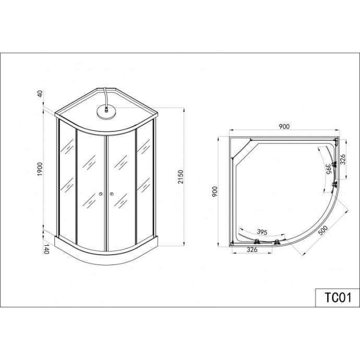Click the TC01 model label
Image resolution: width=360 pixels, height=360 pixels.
(338, 298)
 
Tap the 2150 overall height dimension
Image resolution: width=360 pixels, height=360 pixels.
(181, 177)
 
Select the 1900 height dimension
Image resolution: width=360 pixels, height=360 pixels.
(40, 169)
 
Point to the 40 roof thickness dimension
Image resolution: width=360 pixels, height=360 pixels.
(40, 94)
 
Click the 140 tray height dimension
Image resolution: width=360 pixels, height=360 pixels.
(46, 249)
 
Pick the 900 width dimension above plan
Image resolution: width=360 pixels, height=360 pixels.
(284, 126)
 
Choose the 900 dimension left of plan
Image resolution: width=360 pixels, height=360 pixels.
(214, 191)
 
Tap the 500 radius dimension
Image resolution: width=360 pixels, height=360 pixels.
(323, 231)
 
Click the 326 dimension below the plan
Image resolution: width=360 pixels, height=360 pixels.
(252, 249)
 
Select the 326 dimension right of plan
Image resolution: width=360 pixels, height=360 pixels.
(343, 159)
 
